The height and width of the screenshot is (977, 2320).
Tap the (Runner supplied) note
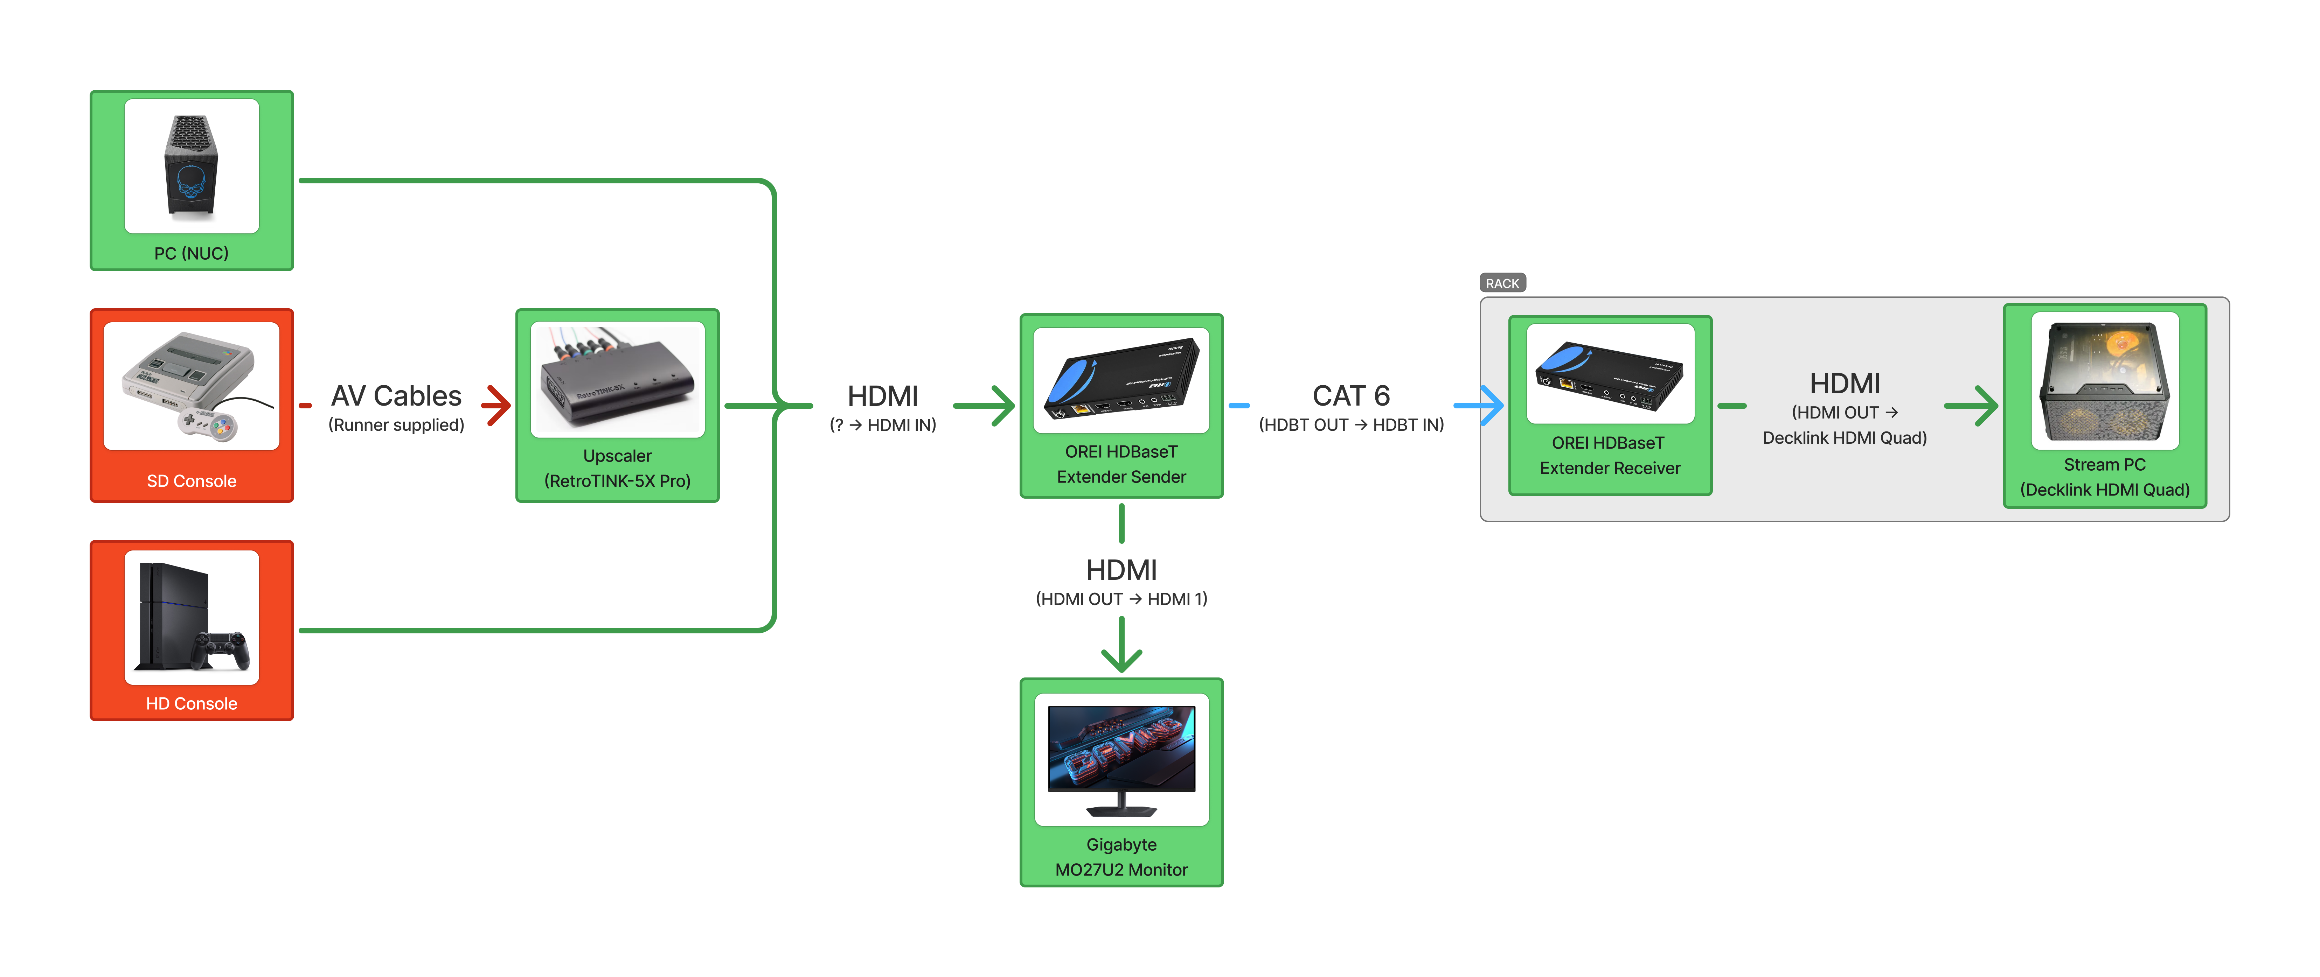[396, 425]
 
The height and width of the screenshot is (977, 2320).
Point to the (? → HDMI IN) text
[883, 425]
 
